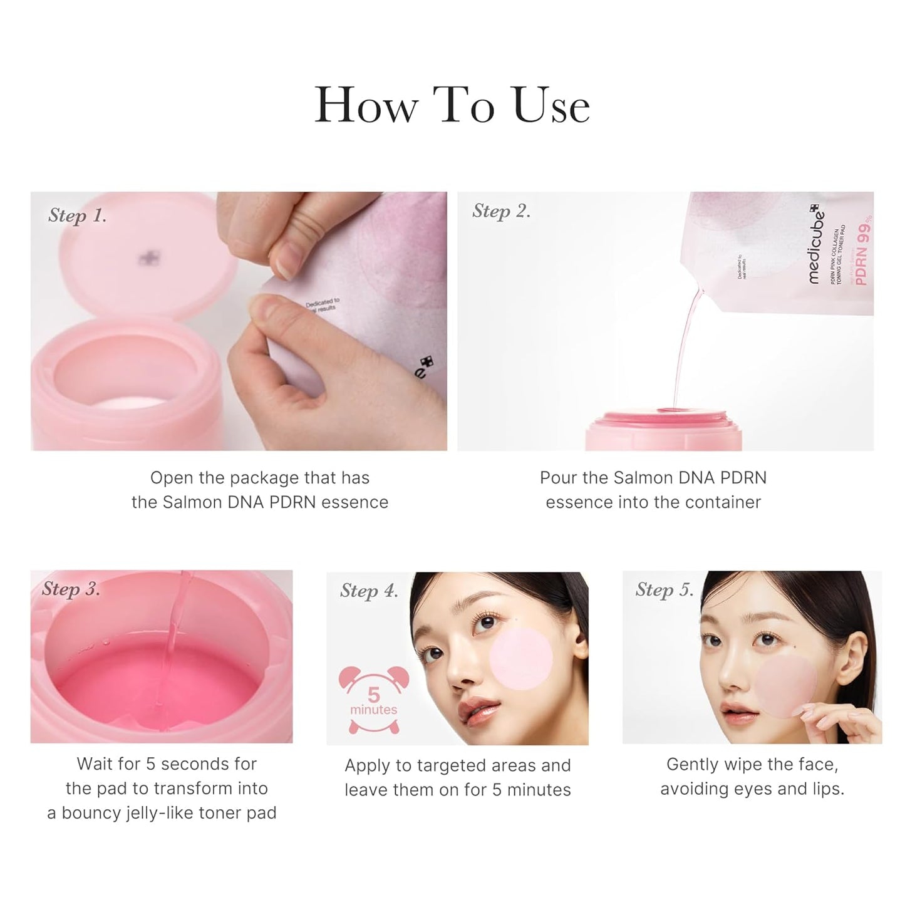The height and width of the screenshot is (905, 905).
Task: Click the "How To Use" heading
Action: (x=452, y=105)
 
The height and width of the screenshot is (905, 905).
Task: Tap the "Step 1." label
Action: (x=77, y=215)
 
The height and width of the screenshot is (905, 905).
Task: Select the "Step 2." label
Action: (x=501, y=211)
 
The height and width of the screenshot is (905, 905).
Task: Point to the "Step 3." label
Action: (x=71, y=589)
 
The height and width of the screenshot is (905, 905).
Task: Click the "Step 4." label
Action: (x=369, y=591)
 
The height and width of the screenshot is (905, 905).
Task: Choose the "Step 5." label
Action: (x=665, y=590)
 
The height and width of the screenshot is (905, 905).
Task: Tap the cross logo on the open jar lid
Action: (x=150, y=257)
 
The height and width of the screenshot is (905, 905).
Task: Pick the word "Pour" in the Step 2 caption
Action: (x=559, y=478)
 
